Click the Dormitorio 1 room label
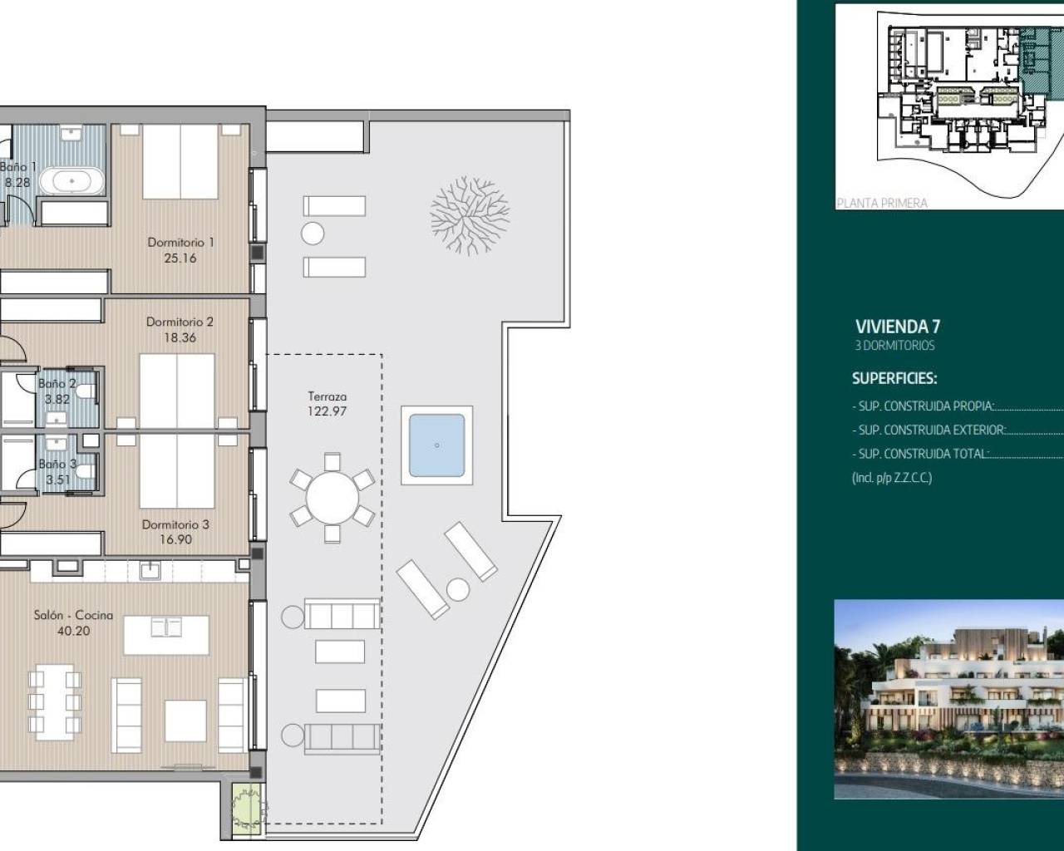tap(180, 243)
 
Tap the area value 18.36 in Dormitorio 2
tap(180, 337)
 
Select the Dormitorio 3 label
tap(175, 524)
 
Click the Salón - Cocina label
tap(73, 615)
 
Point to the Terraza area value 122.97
tap(327, 411)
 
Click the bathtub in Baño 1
tap(73, 180)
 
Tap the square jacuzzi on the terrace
tap(436, 445)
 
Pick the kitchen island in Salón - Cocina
tap(165, 635)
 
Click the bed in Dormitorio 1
tap(180, 162)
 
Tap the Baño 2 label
tap(57, 384)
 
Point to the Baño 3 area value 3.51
tap(58, 480)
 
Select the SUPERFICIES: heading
tap(894, 378)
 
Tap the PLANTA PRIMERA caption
tap(882, 203)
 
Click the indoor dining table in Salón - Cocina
tap(54, 702)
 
